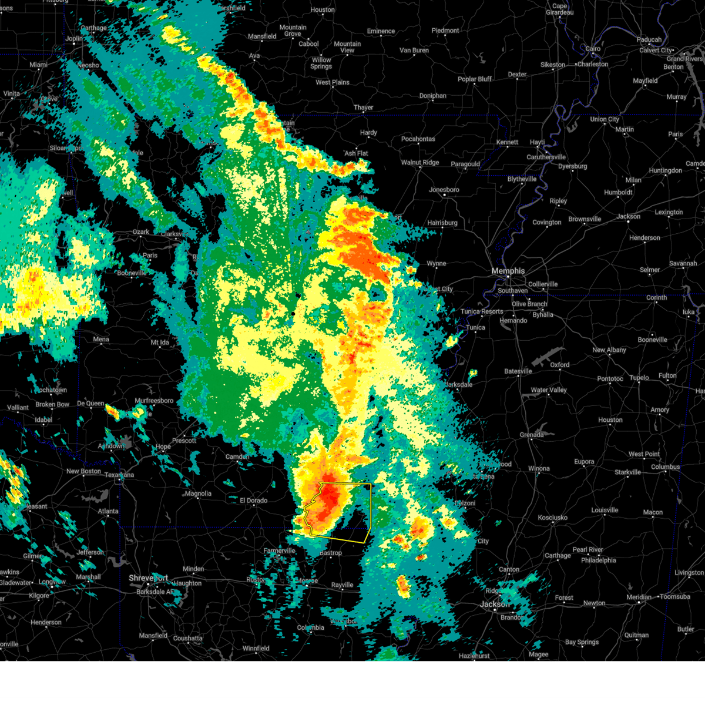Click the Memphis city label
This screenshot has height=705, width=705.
pyautogui.click(x=508, y=271)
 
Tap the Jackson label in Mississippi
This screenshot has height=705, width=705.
pyautogui.click(x=494, y=604)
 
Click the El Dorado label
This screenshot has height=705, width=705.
pyautogui.click(x=253, y=501)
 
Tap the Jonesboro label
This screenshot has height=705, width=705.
pyautogui.click(x=444, y=190)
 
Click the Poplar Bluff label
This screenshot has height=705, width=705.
pyautogui.click(x=475, y=79)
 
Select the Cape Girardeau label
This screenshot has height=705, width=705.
pyautogui.click(x=559, y=9)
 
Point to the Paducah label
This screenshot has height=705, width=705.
pyautogui.click(x=649, y=40)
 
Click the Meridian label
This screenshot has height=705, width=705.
pyautogui.click(x=639, y=597)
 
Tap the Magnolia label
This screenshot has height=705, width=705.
pyautogui.click(x=198, y=493)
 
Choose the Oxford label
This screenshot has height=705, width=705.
pyautogui.click(x=559, y=365)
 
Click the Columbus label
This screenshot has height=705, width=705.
pyautogui.click(x=665, y=467)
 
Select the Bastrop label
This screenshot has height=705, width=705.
pyautogui.click(x=330, y=553)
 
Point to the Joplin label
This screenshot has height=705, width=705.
pyautogui.click(x=75, y=39)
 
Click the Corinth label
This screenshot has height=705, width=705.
pyautogui.click(x=656, y=298)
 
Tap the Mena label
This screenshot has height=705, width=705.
pyautogui.click(x=100, y=339)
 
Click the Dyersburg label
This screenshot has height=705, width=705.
pyautogui.click(x=572, y=166)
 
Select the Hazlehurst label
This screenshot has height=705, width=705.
pyautogui.click(x=474, y=656)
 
